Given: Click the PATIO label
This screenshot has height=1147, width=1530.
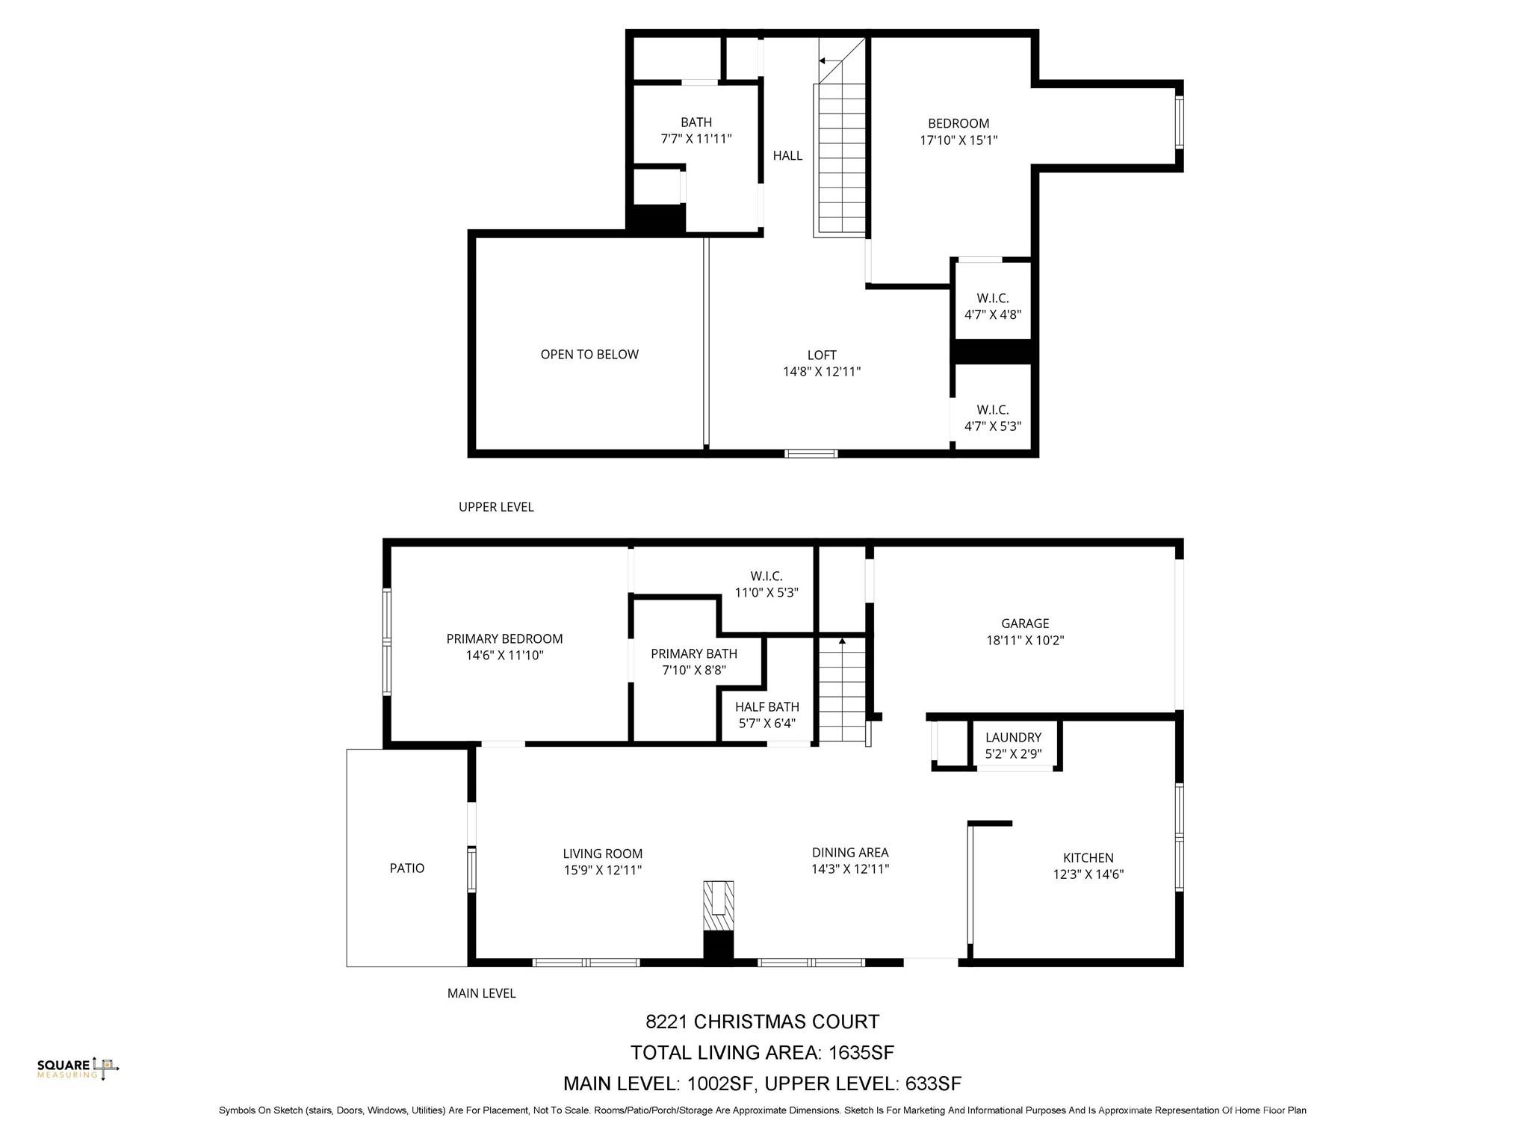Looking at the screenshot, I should [407, 868].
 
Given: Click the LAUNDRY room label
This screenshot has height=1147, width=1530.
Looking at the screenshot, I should [1013, 737].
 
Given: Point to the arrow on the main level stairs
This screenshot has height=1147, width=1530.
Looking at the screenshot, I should [842, 641].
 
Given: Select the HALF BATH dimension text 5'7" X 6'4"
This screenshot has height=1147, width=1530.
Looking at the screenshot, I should [767, 723].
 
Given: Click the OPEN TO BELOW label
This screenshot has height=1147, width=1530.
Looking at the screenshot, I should [589, 355].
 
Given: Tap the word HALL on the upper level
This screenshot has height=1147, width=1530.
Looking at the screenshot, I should [787, 155].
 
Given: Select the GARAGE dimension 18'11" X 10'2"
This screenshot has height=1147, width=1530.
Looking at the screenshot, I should [1025, 640].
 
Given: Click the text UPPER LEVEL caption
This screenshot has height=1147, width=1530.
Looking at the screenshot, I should [496, 507].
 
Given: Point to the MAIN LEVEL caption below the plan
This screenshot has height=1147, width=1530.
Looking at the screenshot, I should [481, 993].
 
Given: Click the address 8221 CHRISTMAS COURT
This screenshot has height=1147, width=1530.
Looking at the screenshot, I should [762, 1022].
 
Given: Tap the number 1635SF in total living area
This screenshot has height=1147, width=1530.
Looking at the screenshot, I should [860, 1053].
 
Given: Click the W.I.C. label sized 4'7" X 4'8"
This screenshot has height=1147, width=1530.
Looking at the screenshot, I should [992, 299].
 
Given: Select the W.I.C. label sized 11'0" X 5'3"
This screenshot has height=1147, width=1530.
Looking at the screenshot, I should [766, 576].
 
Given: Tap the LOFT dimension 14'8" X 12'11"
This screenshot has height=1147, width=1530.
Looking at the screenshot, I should [822, 371].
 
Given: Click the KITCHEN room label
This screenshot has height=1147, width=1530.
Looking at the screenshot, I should [1088, 858].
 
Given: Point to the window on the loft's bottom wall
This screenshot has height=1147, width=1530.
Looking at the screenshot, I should [811, 453].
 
